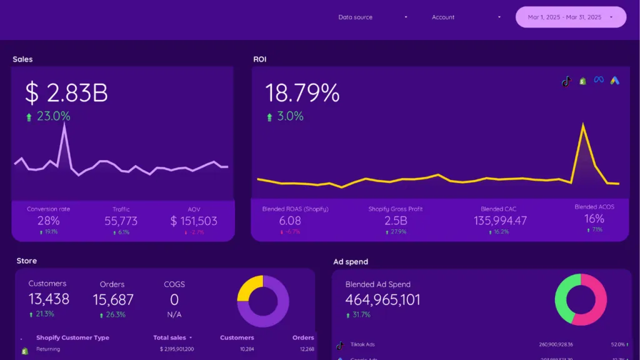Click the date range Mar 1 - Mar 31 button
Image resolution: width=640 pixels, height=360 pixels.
click(570, 17)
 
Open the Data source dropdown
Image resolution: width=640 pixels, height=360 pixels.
click(372, 17)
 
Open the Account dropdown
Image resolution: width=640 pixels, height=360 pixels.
click(466, 17)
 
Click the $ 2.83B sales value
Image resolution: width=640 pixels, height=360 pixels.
click(67, 93)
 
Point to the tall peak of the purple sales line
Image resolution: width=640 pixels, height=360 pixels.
click(64, 124)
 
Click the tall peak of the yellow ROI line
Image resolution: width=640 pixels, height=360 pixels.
click(583, 124)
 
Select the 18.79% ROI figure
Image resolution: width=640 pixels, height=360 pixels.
click(302, 93)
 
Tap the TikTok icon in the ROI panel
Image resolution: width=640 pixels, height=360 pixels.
click(566, 81)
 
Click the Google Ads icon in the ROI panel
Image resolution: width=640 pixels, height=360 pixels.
click(615, 80)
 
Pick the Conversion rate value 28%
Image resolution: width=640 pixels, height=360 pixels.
click(48, 221)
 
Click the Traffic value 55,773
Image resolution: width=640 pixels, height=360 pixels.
click(121, 221)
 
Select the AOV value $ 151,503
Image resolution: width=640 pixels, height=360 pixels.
click(194, 221)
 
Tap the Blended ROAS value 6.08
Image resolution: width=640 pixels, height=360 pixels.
click(290, 221)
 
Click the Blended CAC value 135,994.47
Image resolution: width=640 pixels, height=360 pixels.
click(500, 221)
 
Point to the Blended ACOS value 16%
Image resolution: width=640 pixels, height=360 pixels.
click(594, 219)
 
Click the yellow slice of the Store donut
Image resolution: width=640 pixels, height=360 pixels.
click(249, 289)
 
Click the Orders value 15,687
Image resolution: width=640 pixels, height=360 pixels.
click(113, 299)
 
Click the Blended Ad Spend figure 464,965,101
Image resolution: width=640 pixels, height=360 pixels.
click(383, 300)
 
